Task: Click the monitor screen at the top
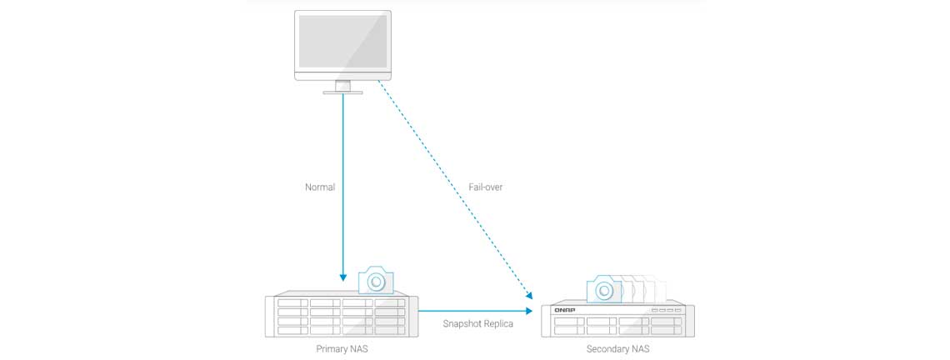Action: (342, 42)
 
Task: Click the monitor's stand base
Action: (342, 92)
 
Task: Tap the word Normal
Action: (320, 187)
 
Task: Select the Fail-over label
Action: (485, 187)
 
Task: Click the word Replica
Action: (499, 323)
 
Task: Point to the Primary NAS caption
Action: (342, 348)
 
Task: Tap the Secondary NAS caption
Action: (617, 348)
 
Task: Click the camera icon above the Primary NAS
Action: (376, 281)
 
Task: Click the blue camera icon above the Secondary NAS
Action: (604, 288)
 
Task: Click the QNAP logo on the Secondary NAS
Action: (566, 310)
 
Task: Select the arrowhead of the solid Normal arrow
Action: (342, 277)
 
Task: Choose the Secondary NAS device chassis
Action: (617, 320)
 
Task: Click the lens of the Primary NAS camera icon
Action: (377, 282)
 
